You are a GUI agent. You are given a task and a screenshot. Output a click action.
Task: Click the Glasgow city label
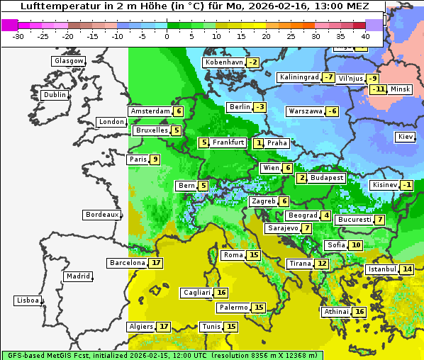[69, 61]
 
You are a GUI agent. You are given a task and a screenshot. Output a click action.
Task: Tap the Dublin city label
[55, 95]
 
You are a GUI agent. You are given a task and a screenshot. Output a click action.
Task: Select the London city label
[111, 122]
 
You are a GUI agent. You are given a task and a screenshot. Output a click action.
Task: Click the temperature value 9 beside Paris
[155, 159]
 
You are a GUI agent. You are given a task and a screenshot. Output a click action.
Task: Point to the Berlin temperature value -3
[260, 107]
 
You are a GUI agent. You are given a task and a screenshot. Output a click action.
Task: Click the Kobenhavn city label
[224, 62]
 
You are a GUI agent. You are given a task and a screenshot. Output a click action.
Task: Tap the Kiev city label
[406, 136]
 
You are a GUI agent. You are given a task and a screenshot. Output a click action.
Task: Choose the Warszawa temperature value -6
[332, 111]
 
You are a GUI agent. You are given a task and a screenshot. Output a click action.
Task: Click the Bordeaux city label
[102, 214]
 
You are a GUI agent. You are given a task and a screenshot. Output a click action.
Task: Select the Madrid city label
[78, 276]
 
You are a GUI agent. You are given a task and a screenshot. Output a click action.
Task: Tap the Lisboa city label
[28, 300]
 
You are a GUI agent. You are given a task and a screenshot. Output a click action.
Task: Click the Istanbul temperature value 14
[407, 269]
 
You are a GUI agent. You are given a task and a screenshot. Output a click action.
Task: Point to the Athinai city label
[336, 312]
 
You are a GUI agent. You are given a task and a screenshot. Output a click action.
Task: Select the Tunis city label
[211, 327]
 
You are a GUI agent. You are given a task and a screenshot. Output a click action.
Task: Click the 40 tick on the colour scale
[365, 36]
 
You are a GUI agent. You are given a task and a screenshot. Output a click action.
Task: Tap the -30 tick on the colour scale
[18, 36]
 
